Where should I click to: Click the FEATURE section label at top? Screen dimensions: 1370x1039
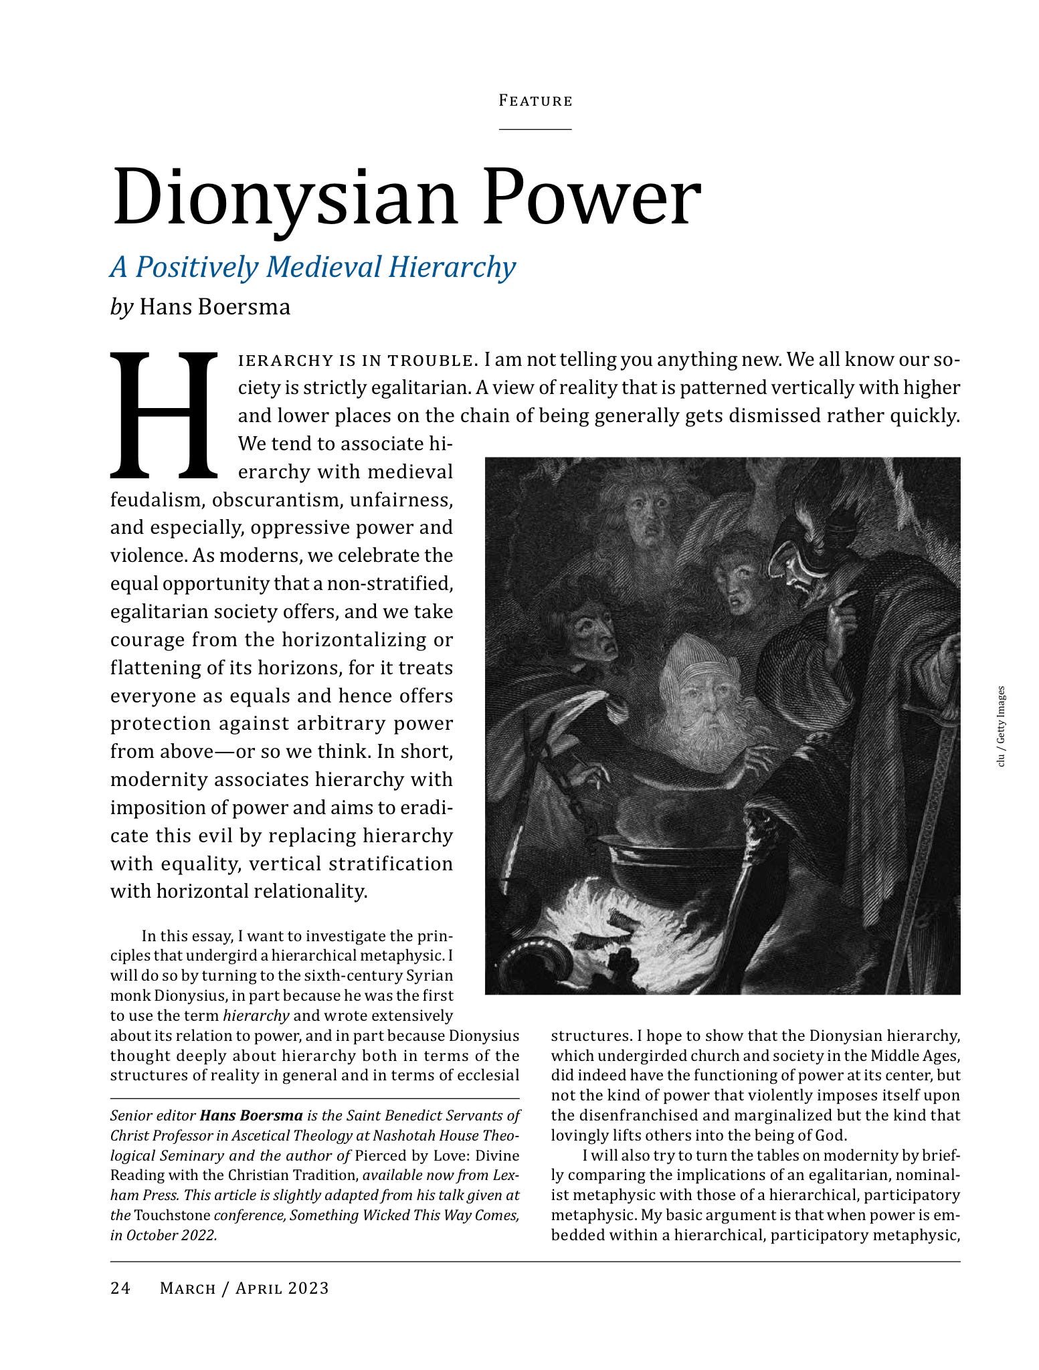[535, 101]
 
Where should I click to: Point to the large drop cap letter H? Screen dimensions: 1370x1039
[165, 415]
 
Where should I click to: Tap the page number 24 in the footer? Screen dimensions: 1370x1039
[120, 1288]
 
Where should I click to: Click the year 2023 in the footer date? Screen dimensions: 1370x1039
[309, 1288]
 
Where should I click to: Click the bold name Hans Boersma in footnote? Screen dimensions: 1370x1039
[251, 1115]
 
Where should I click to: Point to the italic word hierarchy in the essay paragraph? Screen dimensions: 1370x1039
[256, 1015]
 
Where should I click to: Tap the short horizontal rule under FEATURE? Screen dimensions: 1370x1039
[535, 128]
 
